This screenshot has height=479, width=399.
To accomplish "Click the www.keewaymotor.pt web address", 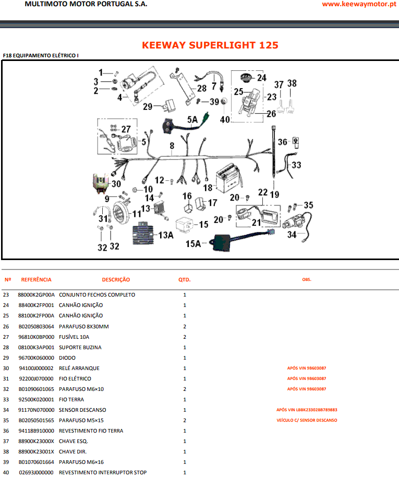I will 357,4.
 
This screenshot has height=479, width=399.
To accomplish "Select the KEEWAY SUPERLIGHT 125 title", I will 210,45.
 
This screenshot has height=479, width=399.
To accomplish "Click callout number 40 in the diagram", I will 225,119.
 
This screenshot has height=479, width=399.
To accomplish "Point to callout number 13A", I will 166,236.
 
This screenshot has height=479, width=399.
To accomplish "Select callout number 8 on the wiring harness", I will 171,146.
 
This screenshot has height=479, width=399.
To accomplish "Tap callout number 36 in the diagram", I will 282,142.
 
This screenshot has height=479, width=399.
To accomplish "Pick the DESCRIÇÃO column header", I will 116,280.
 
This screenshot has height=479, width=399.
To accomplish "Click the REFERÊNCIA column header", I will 36,280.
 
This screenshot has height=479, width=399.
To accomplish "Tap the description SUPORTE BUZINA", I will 80,347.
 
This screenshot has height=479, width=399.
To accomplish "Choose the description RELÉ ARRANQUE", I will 79,368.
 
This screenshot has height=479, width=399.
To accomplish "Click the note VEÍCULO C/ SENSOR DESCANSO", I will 307,420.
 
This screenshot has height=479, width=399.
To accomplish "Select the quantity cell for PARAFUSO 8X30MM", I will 185,326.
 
